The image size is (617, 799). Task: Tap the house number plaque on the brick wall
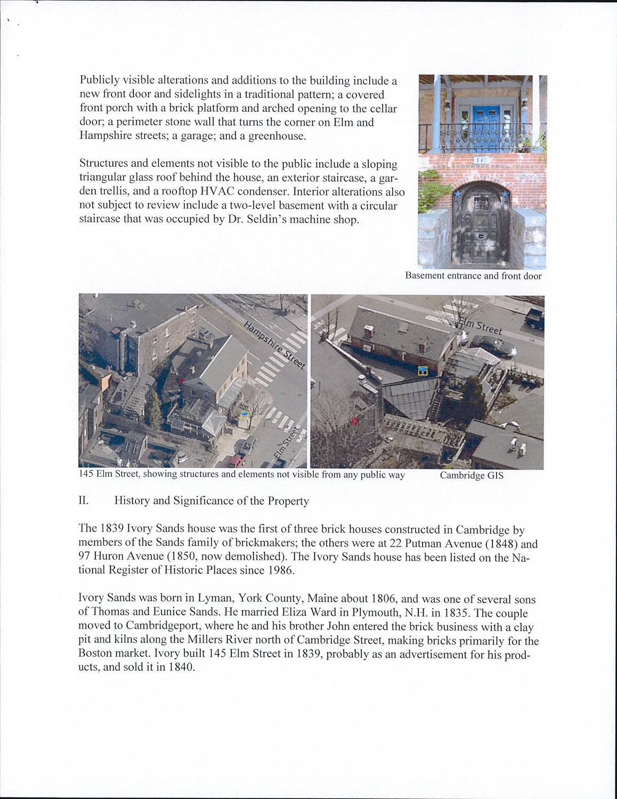pyautogui.click(x=481, y=159)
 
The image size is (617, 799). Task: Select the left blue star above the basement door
pyautogui.click(x=457, y=195)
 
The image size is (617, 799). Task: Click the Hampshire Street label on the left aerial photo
pyautogui.click(x=275, y=345)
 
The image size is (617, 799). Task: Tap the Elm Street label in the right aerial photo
pyautogui.click(x=481, y=325)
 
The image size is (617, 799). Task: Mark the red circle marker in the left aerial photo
pyautogui.click(x=182, y=380)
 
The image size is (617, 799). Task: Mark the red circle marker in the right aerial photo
pyautogui.click(x=353, y=421)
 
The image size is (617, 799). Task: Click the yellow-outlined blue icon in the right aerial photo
pyautogui.click(x=423, y=371)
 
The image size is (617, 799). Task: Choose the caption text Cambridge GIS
pyautogui.click(x=471, y=476)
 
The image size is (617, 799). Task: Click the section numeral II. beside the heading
pyautogui.click(x=83, y=501)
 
